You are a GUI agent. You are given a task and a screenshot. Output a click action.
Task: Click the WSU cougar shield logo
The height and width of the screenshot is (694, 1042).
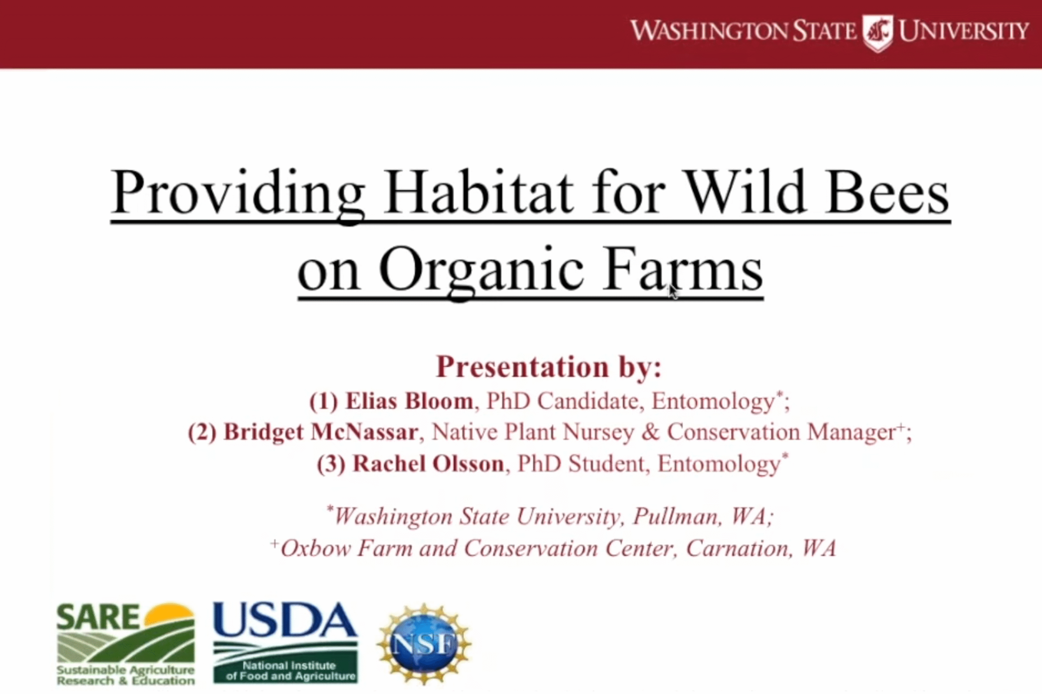coord(878,33)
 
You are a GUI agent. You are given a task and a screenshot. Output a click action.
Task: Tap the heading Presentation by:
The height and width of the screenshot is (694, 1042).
coord(548,368)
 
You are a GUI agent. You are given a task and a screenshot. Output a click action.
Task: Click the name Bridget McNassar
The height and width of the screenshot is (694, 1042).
coord(321,432)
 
